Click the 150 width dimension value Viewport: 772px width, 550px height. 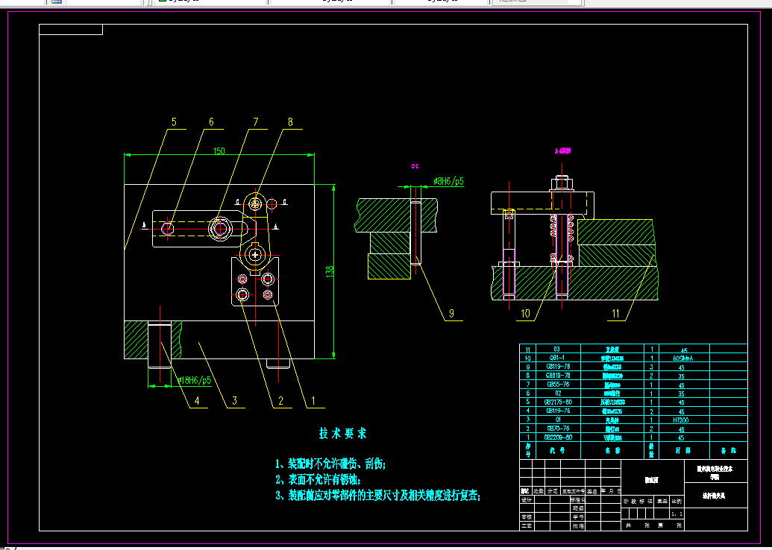(219, 151)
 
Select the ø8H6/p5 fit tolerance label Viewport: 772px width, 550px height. (448, 181)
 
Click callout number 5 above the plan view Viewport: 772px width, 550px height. (174, 121)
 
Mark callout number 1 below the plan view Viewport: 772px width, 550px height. (313, 401)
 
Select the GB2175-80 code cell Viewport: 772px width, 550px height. (553, 402)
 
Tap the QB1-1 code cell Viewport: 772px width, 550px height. (553, 358)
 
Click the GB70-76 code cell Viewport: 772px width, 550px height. (553, 429)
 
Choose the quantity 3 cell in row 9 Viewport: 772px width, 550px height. (652, 367)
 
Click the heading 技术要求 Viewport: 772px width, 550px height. (343, 434)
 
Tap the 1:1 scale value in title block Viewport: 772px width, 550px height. (677, 513)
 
